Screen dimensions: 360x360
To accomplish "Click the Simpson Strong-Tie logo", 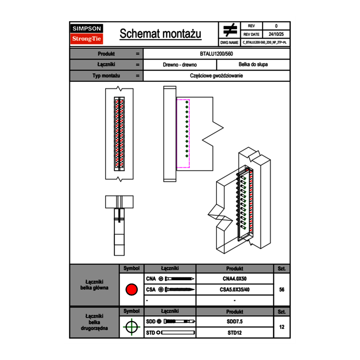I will (x=87, y=34).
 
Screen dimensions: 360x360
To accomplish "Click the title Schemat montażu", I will (x=160, y=34).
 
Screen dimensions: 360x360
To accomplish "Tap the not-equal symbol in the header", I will (x=230, y=30).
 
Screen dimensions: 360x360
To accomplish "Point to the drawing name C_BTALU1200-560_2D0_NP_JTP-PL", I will (x=264, y=42).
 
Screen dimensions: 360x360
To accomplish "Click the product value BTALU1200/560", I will (x=216, y=54).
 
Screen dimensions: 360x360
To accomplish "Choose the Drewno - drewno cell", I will (x=180, y=65).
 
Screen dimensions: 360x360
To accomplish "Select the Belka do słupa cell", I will (x=253, y=65).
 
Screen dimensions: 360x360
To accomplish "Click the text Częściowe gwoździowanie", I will (x=216, y=76).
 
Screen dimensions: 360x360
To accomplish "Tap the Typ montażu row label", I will (x=106, y=76).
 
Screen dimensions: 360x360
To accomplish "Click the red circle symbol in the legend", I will (x=131, y=290).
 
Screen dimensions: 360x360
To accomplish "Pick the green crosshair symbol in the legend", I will (x=131, y=327).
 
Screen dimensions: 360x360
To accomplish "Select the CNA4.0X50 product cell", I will (x=234, y=279).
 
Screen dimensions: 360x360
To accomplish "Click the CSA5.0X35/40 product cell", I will (x=234, y=290).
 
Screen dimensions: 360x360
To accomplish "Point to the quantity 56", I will (x=281, y=290).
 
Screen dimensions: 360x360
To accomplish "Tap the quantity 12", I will (x=281, y=327).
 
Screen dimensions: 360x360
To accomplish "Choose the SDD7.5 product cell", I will (x=234, y=322).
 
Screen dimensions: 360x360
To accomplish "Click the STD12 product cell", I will (x=234, y=333).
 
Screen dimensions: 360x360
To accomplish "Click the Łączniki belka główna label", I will (x=94, y=285).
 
